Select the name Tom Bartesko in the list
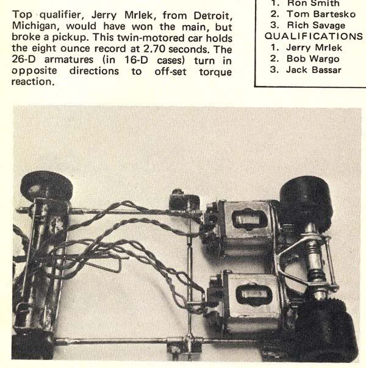(317, 14)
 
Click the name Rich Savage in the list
(314, 25)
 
